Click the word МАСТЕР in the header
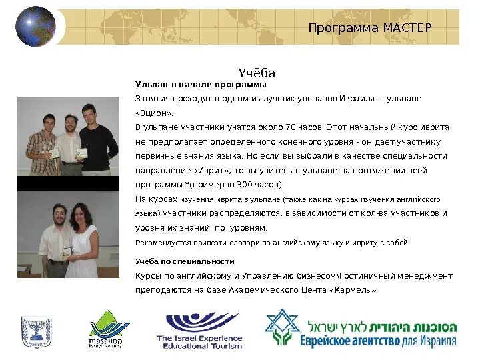pos(407,27)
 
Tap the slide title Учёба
pos(257,73)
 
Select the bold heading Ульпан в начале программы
pos(201,85)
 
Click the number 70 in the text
pos(290,127)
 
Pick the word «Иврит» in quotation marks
pos(203,170)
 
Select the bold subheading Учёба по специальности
pos(185,261)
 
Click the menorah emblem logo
pos(36,331)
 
